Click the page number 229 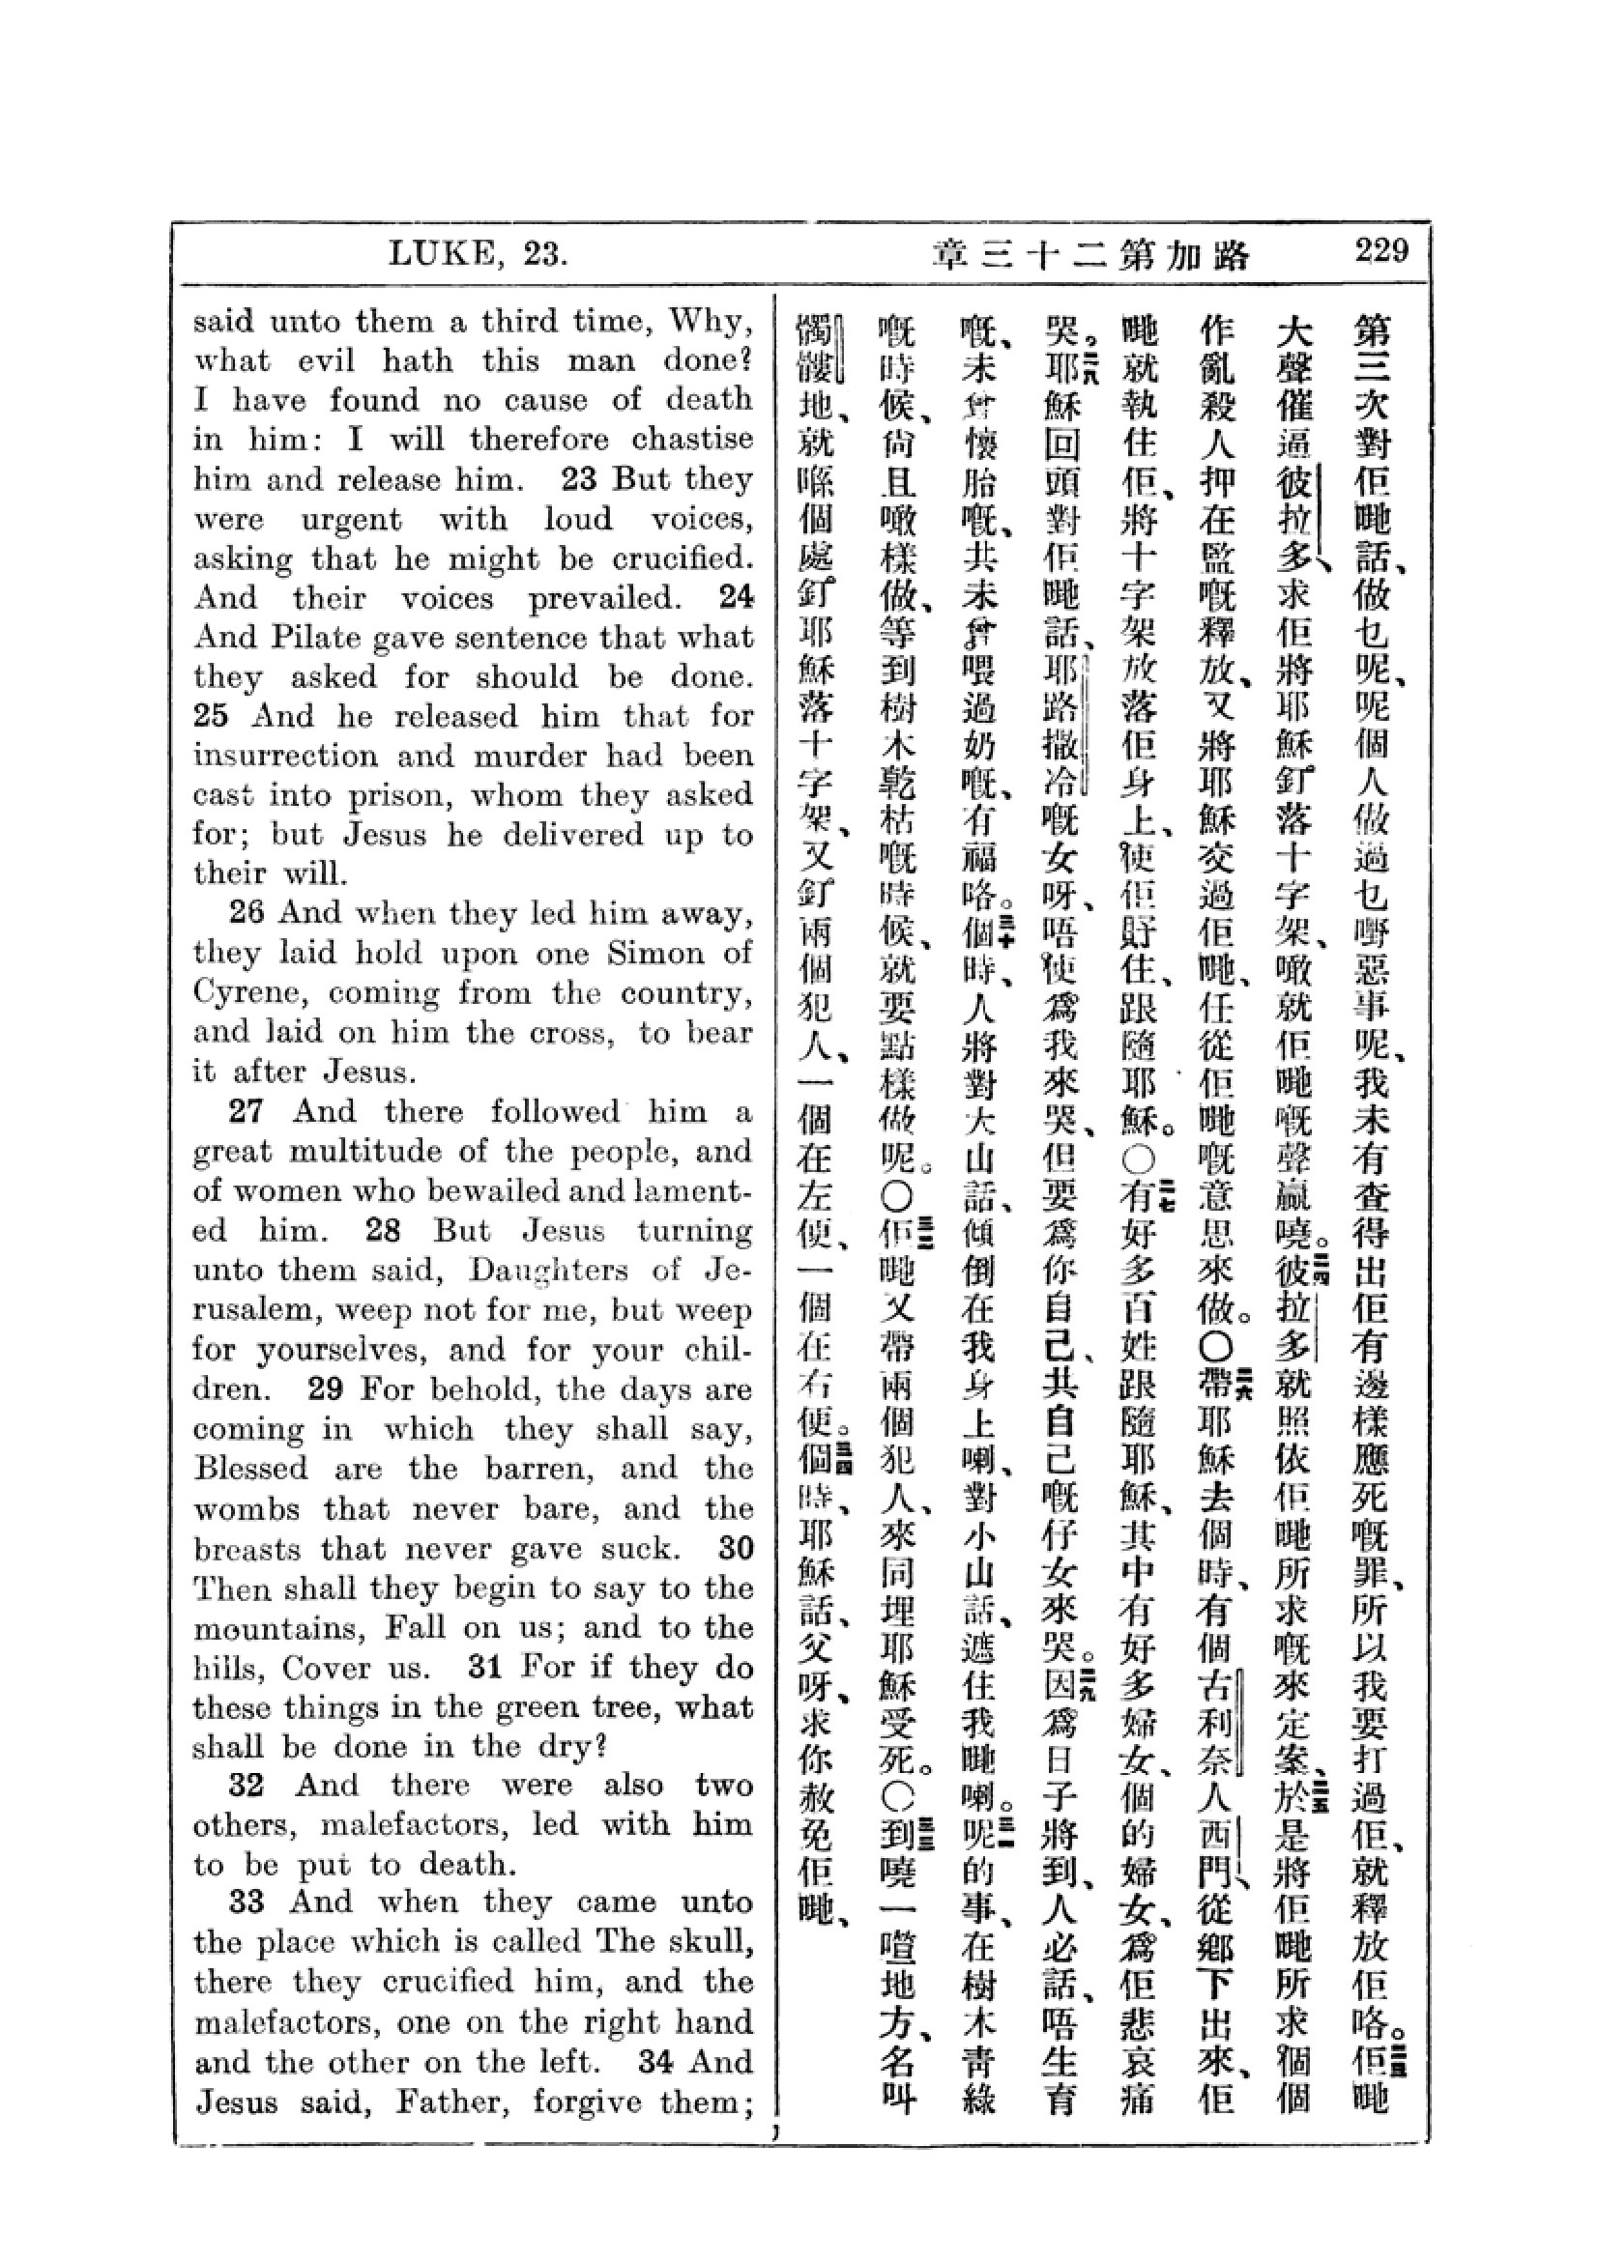tap(1380, 252)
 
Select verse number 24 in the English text tap(736, 597)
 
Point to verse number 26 tap(247, 912)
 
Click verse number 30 tap(736, 1547)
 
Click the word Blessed tap(251, 1468)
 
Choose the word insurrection tap(284, 755)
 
